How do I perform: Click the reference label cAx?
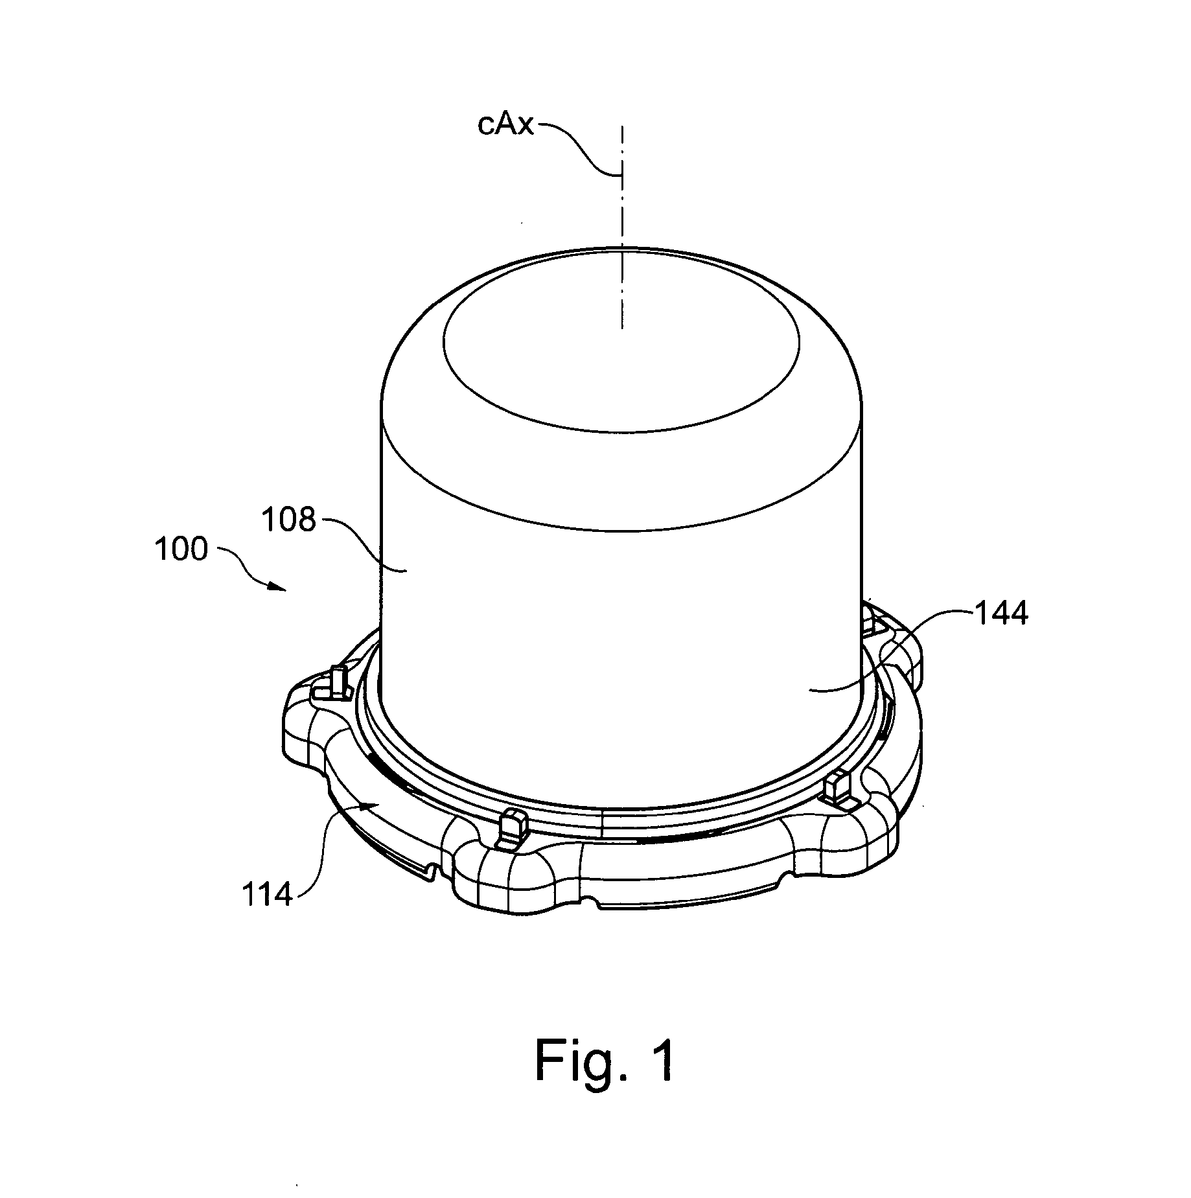tap(505, 124)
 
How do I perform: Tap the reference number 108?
tap(288, 520)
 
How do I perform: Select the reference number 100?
tap(181, 549)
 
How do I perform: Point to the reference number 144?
tap(1000, 614)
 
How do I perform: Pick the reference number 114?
tap(267, 895)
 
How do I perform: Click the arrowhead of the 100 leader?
tap(278, 588)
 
